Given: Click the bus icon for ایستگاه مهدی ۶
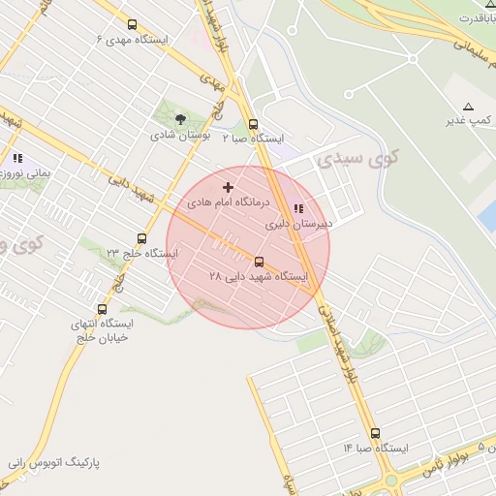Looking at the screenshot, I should coord(132,25).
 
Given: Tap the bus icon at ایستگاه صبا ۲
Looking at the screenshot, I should coord(254,124).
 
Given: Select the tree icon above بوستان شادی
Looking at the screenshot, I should coord(180,119).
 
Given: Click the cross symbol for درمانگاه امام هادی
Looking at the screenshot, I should coord(229,187).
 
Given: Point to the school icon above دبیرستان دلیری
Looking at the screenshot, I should coord(297,207).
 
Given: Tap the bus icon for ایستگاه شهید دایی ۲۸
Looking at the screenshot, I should coord(259,262).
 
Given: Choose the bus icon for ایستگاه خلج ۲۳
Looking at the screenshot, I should coord(142,238).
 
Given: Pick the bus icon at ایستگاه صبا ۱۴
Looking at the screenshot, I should coord(375,433).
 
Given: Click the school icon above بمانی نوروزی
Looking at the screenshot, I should coord(17,157).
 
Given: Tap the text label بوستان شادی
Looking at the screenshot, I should coord(174,136).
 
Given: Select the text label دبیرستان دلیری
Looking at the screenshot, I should coord(299,224).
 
